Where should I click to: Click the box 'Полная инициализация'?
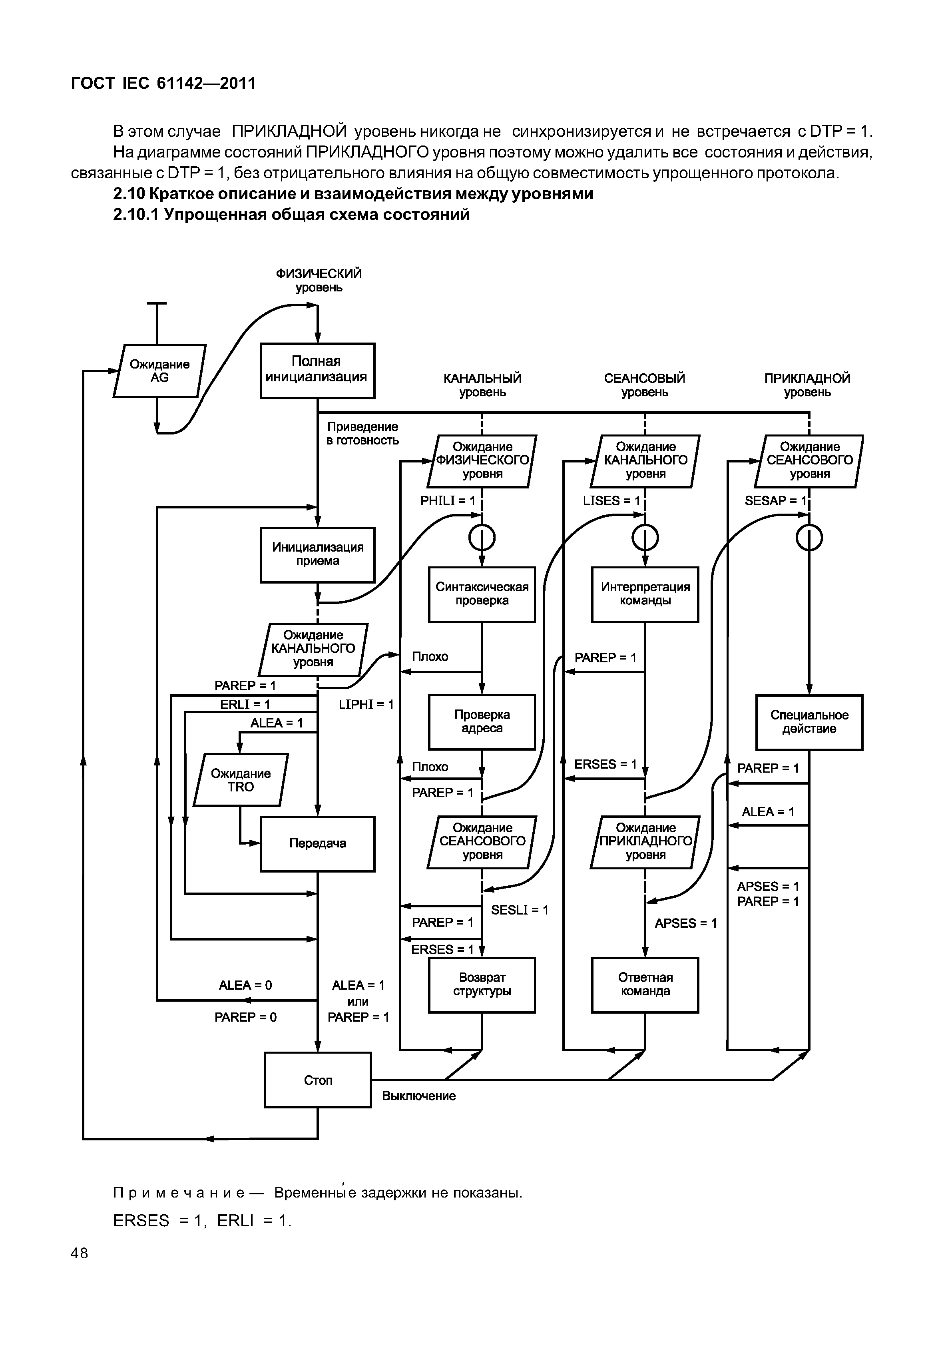[x=318, y=371]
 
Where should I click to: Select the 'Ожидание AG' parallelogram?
[x=160, y=371]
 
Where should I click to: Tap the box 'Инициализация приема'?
[x=318, y=554]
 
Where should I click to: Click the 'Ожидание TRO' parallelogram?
[x=241, y=780]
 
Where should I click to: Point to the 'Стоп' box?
[x=318, y=1080]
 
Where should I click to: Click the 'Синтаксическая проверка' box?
[x=482, y=594]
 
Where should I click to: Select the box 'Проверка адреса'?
[x=482, y=722]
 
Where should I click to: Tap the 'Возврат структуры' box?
[x=482, y=984]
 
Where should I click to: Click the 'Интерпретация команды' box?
[x=645, y=594]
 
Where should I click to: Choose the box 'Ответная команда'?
[x=645, y=984]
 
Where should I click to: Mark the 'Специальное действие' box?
[x=809, y=722]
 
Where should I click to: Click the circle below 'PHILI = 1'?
[x=482, y=538]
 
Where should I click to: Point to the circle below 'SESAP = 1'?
[x=809, y=538]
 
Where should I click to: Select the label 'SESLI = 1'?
[x=519, y=910]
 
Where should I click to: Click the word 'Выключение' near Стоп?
[x=419, y=1096]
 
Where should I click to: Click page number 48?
[x=79, y=1253]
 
